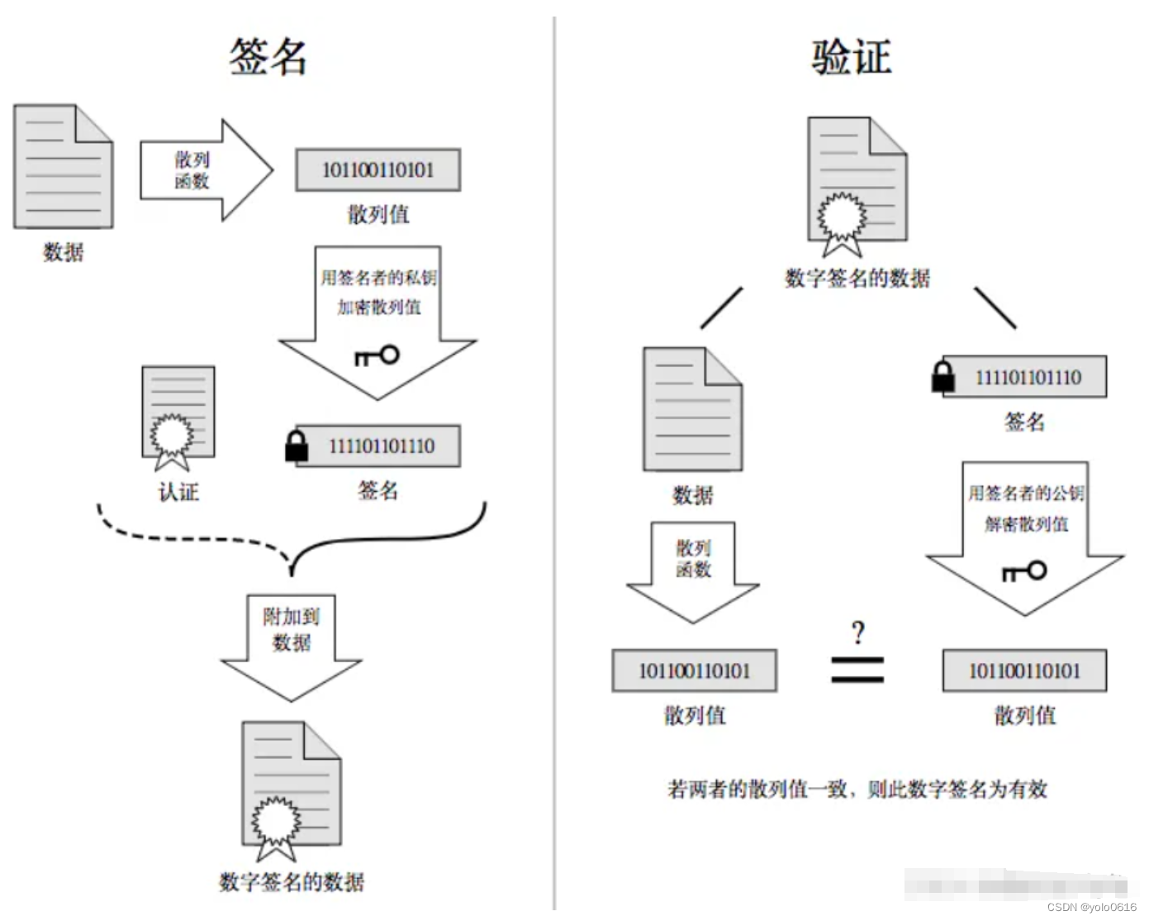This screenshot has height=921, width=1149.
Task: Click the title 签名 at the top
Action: coord(268,57)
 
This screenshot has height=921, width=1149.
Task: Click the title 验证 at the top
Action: coord(851,57)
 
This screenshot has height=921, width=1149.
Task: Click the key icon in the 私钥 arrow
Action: coord(377,356)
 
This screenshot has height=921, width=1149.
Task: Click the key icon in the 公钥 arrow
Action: coord(1024,570)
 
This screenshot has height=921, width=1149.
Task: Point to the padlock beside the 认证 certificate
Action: coord(296,446)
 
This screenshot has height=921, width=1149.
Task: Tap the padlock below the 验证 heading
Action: coord(942,377)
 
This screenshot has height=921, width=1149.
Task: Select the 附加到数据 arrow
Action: coord(292,641)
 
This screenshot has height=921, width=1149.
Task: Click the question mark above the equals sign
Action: coord(858,634)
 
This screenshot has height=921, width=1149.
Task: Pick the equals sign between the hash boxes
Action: coord(857,670)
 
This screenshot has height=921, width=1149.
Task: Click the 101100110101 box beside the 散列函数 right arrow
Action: coord(377,170)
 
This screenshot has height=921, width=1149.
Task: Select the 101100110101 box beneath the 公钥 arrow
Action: coord(1024,670)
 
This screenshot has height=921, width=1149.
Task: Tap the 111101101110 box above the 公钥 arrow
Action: coord(1024,377)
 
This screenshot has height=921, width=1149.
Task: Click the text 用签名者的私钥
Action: coord(378,277)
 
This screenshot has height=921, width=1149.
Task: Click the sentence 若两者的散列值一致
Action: coord(857,790)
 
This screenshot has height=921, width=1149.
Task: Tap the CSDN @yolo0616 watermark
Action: coord(1092,908)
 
